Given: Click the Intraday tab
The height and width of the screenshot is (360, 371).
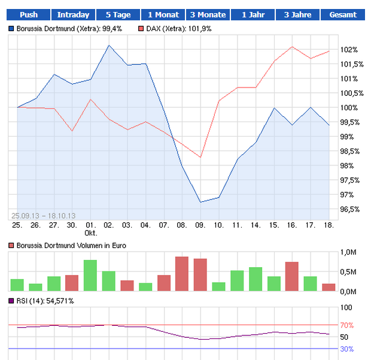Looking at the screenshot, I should coord(73,15).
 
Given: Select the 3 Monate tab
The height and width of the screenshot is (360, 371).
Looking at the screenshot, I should coord(208,15).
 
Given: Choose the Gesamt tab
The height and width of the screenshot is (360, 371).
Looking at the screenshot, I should coord(343,15).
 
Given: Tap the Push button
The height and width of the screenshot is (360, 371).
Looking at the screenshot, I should coord(29,15).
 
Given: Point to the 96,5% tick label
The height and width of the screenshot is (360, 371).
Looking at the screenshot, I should coord(349,209).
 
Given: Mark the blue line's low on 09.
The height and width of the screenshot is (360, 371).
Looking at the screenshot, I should coord(200,202).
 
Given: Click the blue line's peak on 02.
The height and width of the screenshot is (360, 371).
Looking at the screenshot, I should coord(109,46).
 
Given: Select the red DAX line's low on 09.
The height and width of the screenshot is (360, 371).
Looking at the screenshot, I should coord(200,158).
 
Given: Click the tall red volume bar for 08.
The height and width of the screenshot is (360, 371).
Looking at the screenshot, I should coord(182,274).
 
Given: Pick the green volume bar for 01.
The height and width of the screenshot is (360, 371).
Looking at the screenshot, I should coord(90,276).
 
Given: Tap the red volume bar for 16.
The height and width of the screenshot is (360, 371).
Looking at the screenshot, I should coord(291,276).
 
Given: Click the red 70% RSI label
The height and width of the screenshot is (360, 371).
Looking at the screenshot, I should coord(346,325).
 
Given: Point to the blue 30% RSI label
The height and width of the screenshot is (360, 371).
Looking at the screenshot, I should coord(346,349).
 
